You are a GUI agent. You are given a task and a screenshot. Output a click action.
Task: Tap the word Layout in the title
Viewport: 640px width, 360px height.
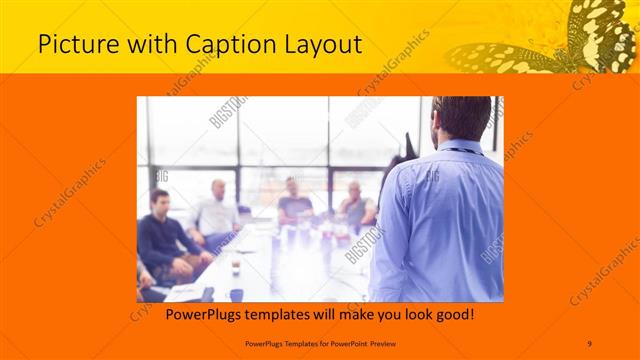[318, 44]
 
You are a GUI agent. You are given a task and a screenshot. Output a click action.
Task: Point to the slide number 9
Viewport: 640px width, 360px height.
[589, 343]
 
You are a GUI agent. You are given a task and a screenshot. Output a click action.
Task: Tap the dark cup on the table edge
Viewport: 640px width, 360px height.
[236, 294]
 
